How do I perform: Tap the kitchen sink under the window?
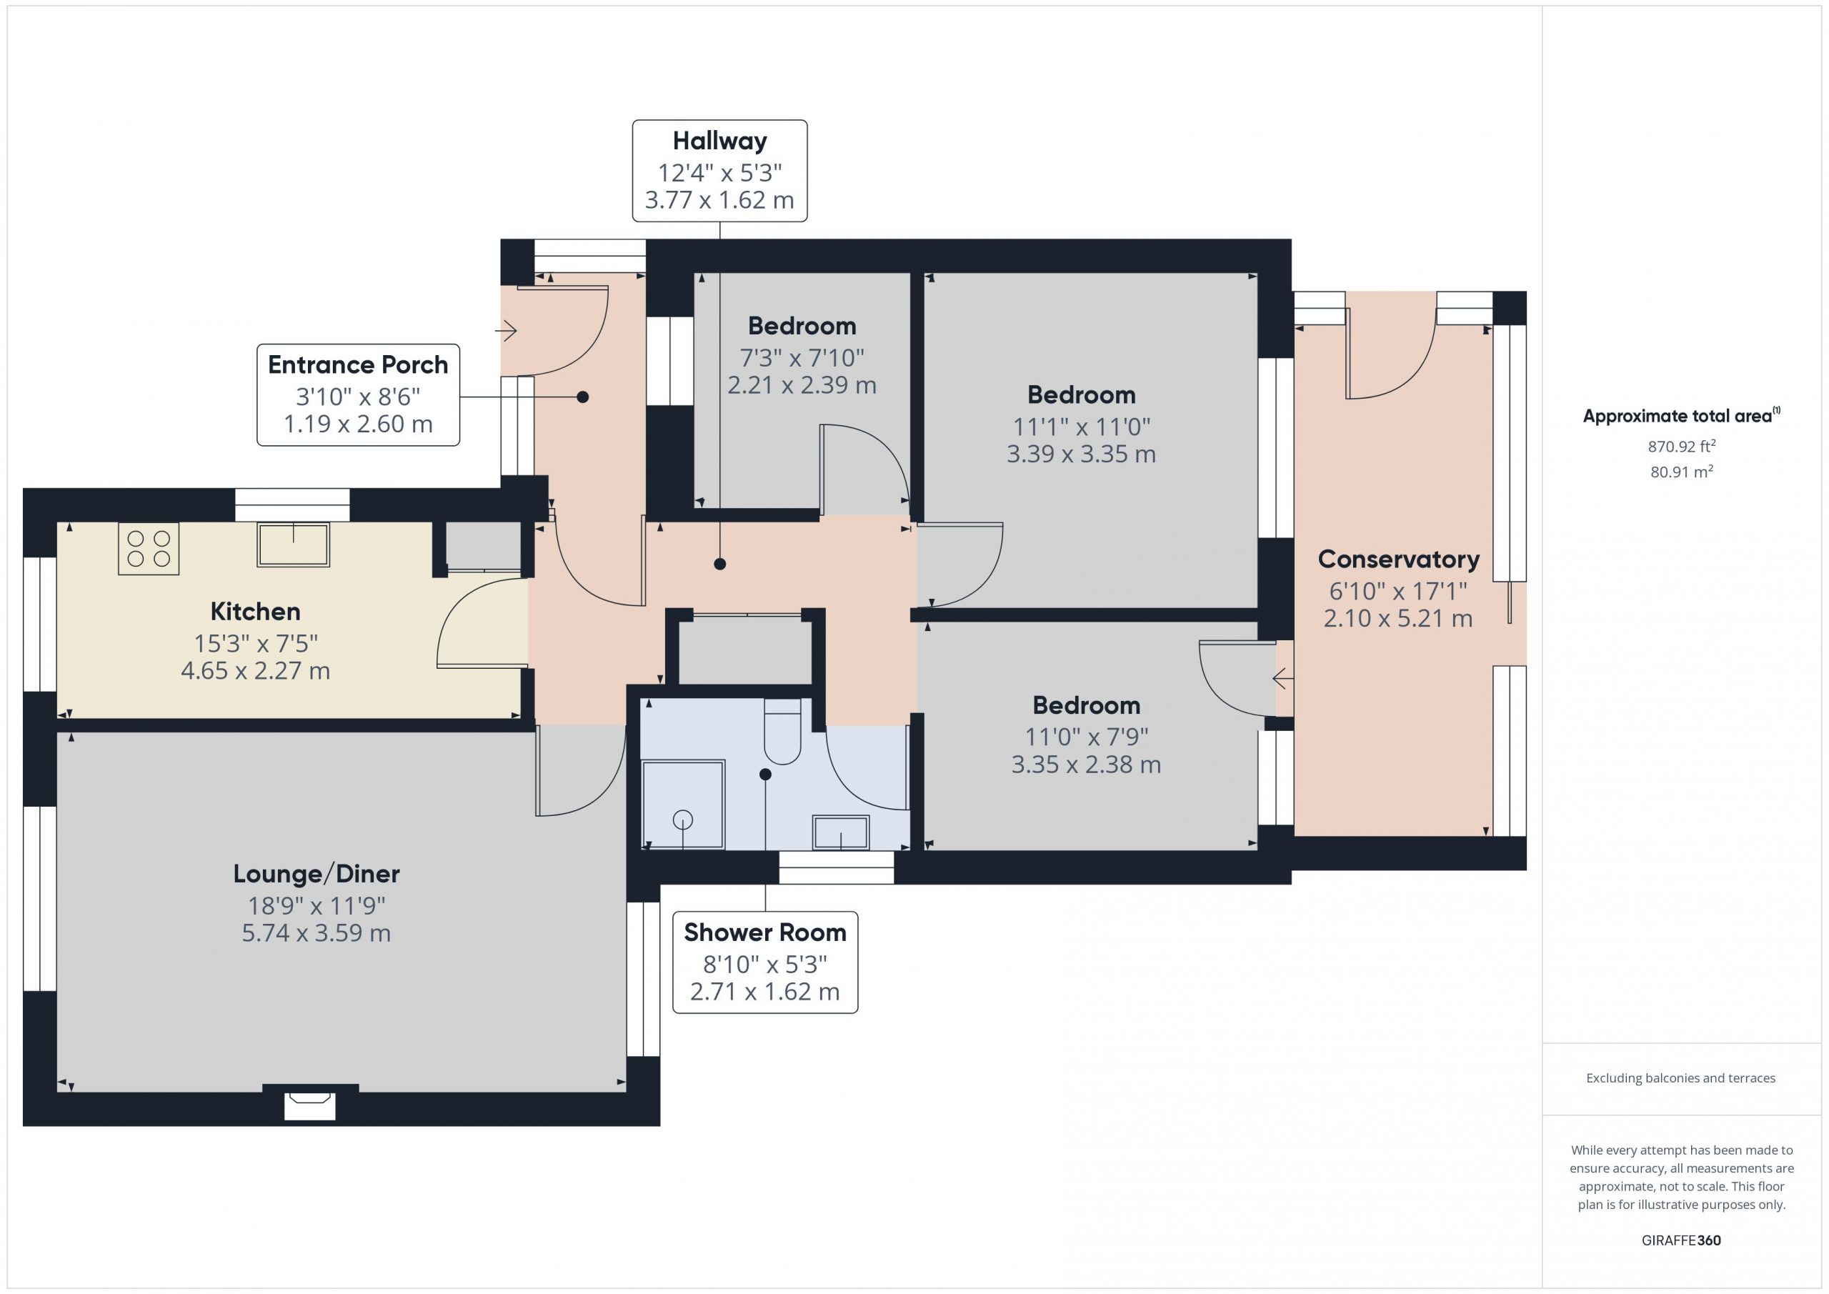pyautogui.click(x=293, y=544)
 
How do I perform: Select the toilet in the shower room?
pyautogui.click(x=782, y=732)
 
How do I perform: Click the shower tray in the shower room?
pyautogui.click(x=684, y=804)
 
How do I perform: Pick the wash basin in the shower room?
pyautogui.click(x=840, y=832)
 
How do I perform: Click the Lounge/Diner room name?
pyautogui.click(x=317, y=874)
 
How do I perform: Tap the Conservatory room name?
pyautogui.click(x=1398, y=559)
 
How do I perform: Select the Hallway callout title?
pyautogui.click(x=719, y=141)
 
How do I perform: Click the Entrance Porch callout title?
pyautogui.click(x=358, y=365)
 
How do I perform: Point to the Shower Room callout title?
pyautogui.click(x=764, y=932)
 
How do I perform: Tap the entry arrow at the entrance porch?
pyautogui.click(x=507, y=330)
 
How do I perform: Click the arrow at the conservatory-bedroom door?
pyautogui.click(x=1282, y=680)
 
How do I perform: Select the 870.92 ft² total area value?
pyautogui.click(x=1682, y=445)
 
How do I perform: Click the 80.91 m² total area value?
pyautogui.click(x=1682, y=471)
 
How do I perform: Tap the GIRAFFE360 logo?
pyautogui.click(x=1681, y=1240)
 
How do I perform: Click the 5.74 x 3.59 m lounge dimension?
pyautogui.click(x=317, y=933)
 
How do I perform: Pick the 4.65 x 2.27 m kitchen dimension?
pyautogui.click(x=255, y=671)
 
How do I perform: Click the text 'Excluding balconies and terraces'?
pyautogui.click(x=1681, y=1078)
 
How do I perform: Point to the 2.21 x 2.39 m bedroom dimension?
pyautogui.click(x=802, y=386)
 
